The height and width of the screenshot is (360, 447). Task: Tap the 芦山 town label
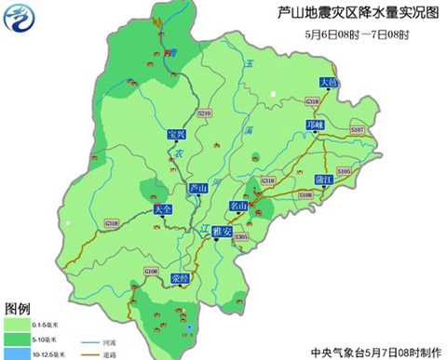pyautogui.click(x=197, y=188)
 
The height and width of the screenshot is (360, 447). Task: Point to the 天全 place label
pyautogui.click(x=164, y=210)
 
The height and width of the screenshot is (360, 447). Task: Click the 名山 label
pyautogui.click(x=239, y=205)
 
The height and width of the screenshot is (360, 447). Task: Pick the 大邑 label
pyautogui.click(x=328, y=83)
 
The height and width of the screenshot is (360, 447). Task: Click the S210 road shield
pyautogui.click(x=206, y=113)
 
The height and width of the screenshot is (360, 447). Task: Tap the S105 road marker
pyautogui.click(x=345, y=171)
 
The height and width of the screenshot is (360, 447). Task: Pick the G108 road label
pyautogui.click(x=151, y=271)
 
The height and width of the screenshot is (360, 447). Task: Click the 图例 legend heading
pyautogui.click(x=19, y=308)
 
